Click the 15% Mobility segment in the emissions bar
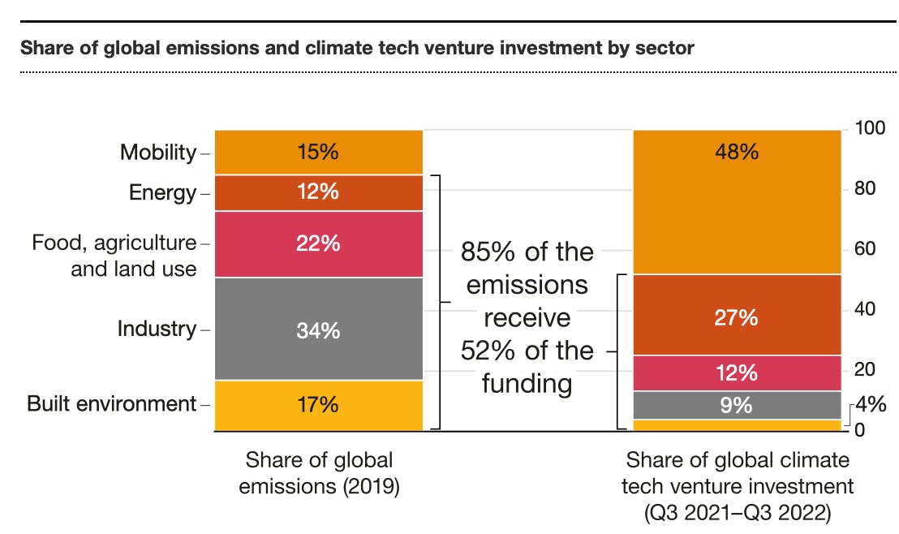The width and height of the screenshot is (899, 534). coord(318,152)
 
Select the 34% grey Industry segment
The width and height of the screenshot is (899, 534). coord(318,329)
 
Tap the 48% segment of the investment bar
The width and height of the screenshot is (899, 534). coord(737,201)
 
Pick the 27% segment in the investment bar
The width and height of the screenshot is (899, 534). coord(737,317)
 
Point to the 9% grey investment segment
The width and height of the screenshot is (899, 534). coord(737,404)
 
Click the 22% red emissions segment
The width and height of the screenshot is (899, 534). coord(318,243)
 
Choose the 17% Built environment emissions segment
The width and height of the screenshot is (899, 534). coord(318,404)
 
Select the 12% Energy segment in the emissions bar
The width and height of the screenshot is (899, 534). coord(318,193)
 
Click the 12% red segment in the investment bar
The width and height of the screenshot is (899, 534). coord(737,373)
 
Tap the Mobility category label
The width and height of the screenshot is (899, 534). coord(158,153)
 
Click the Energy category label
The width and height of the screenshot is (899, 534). coord(162,193)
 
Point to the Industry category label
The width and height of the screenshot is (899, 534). coord(157,329)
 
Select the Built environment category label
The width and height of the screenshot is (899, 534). coord(112,404)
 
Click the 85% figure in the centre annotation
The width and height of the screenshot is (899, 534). coord(489,252)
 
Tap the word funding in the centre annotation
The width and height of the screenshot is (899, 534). coord(527,383)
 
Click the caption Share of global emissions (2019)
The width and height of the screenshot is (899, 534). coord(319,473)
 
